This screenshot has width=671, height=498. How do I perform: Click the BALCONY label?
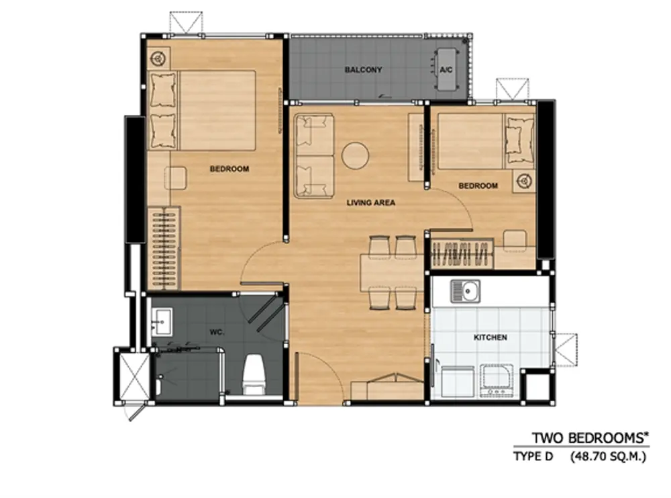(363, 69)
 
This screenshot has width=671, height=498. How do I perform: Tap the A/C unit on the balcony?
(446, 69)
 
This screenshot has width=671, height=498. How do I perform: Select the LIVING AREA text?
(370, 202)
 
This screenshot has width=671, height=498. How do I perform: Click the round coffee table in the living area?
(355, 155)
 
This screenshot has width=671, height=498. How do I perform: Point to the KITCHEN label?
(491, 337)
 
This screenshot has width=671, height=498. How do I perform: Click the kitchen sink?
(465, 292)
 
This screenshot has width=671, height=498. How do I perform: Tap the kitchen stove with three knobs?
(497, 380)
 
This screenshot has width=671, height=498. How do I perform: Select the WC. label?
(217, 332)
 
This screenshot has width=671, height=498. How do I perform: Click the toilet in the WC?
(254, 374)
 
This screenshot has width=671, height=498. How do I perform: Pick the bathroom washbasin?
(162, 321)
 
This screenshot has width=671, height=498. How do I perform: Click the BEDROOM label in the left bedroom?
(229, 169)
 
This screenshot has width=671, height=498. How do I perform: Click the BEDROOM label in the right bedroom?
(478, 185)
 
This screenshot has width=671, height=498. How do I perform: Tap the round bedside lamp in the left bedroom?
(158, 58)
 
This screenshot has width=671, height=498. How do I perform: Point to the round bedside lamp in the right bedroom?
(524, 181)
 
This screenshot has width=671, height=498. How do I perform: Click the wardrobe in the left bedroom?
(164, 248)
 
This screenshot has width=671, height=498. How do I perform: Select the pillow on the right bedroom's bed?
(519, 140)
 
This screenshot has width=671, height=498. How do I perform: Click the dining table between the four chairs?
(392, 273)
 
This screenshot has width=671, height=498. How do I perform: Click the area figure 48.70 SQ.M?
(608, 457)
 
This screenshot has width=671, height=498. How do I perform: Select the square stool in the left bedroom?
(175, 178)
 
